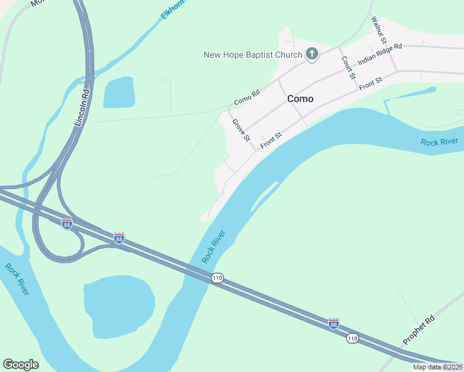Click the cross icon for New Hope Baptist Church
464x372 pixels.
311,55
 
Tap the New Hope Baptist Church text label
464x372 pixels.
252,55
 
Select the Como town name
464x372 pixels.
300,99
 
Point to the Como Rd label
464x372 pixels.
246,98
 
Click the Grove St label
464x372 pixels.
241,130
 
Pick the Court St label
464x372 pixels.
347,68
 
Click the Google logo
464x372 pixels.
20,365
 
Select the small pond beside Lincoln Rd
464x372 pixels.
119,93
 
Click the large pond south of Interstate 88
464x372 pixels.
119,307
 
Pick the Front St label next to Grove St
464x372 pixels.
271,139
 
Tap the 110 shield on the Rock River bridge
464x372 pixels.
216,277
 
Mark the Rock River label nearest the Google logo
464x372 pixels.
17,279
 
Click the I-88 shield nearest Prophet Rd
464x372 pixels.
334,323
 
